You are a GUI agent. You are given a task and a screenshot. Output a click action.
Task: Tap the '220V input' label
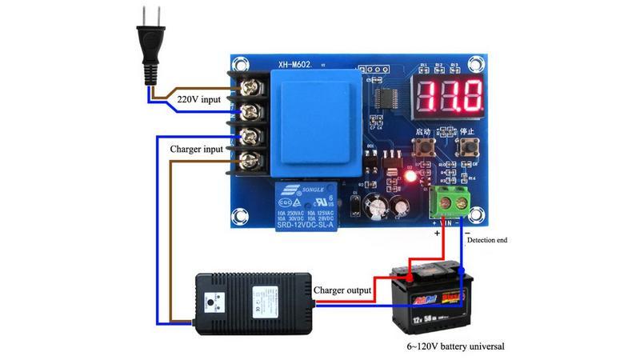198,99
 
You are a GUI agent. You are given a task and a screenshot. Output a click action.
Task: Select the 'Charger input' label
197,149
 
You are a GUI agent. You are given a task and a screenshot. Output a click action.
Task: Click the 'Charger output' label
342,290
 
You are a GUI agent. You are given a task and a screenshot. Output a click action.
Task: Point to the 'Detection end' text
487,239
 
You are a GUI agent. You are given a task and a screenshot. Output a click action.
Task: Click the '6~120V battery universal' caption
455,346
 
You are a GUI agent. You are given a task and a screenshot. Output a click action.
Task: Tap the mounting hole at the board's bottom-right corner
477,217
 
